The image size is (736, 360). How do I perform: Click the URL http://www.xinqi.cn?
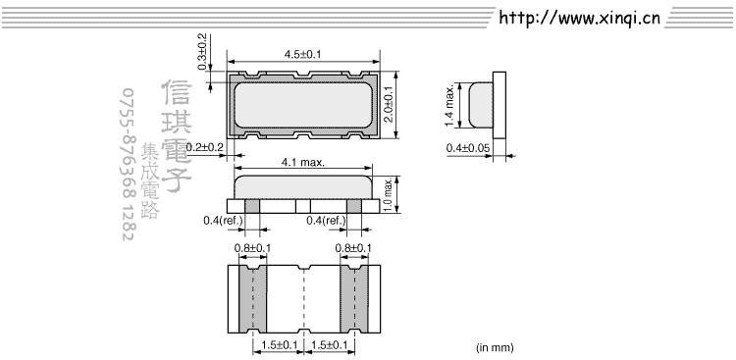[x=579, y=18]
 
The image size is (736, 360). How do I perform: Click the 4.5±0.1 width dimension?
[x=303, y=55]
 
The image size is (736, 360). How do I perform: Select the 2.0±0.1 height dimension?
[x=389, y=105]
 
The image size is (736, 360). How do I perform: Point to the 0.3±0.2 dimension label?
[x=202, y=52]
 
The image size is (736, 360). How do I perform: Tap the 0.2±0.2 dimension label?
[x=205, y=147]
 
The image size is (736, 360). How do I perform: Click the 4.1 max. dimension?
[x=303, y=163]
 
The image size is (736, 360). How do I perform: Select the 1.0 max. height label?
[x=389, y=194]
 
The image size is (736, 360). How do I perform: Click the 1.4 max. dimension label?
[x=449, y=106]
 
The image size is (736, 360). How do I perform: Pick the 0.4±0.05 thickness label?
[x=468, y=148]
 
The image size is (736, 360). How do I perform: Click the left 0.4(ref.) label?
[x=224, y=220]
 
